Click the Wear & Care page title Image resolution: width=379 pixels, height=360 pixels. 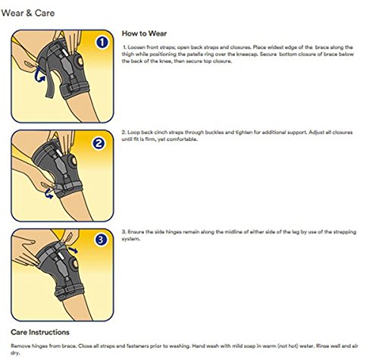click(x=28, y=13)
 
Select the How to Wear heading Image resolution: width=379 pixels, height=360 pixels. click(x=144, y=33)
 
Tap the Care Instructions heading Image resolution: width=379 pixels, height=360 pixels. click(x=40, y=332)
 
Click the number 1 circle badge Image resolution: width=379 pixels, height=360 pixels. click(x=102, y=42)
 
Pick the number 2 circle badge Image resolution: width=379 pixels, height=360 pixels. click(x=99, y=143)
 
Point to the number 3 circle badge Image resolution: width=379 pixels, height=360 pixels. click(x=101, y=239)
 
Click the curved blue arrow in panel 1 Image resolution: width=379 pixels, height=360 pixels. click(x=39, y=74)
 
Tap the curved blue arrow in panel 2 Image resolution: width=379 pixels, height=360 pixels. click(x=49, y=194)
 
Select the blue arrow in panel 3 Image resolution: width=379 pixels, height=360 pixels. click(x=73, y=250)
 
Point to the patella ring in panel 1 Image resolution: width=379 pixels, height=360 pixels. click(x=80, y=61)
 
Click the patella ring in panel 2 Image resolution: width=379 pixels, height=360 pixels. click(x=73, y=161)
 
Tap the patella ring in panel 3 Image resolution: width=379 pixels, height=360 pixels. click(x=75, y=263)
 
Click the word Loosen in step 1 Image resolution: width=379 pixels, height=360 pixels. click(x=136, y=47)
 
